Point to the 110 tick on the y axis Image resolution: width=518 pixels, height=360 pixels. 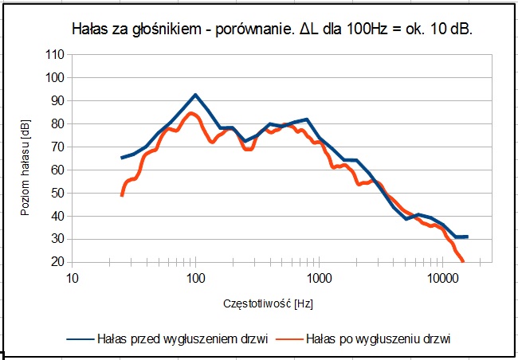point(55,55)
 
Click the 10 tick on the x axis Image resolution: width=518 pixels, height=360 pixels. point(72,277)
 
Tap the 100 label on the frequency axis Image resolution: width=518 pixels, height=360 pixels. point(195,277)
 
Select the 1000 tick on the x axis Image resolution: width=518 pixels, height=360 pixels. point(319,277)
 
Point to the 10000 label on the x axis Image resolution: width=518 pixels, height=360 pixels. point(442,277)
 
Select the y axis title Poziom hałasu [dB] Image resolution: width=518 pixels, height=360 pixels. point(26,158)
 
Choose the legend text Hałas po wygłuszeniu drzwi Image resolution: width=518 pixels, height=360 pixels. point(379,338)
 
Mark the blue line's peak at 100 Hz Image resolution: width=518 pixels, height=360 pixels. point(195,95)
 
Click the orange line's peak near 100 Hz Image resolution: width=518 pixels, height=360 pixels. point(191,113)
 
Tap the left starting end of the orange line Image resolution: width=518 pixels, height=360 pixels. point(122,195)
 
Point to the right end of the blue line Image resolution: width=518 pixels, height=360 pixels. point(467,237)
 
